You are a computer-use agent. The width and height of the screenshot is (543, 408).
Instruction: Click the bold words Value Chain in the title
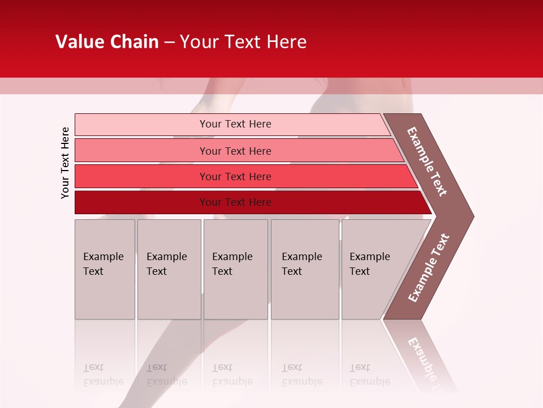tap(107, 42)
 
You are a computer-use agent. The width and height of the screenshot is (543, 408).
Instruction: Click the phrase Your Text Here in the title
tap(243, 42)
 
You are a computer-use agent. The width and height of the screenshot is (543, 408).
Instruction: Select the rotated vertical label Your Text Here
tap(65, 163)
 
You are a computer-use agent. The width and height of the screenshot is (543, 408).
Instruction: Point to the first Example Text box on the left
tap(105, 269)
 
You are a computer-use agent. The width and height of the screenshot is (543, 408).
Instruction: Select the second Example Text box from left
tap(169, 269)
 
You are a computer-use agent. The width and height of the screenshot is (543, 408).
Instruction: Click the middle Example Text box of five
tap(235, 269)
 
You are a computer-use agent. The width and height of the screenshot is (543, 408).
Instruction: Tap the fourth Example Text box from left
tap(304, 269)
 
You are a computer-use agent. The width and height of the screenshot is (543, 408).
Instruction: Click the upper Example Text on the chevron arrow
tap(427, 161)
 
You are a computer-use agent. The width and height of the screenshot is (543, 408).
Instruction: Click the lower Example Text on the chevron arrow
tap(429, 268)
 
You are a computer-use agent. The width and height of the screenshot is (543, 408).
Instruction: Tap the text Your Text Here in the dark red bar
tap(235, 202)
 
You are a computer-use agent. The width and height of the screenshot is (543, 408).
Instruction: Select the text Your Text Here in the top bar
tap(235, 124)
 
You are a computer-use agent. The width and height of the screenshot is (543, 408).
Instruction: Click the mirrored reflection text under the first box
tap(103, 375)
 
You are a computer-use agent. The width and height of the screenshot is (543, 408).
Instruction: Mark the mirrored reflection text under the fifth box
tap(369, 375)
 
